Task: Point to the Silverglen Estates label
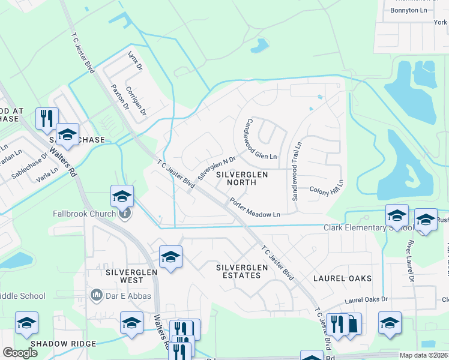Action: (238, 271)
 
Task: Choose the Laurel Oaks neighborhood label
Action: (343, 278)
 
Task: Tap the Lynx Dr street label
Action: (135, 63)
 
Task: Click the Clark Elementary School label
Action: (367, 228)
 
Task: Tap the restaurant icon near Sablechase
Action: (46, 118)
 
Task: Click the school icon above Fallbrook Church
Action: (121, 196)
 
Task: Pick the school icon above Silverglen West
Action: (170, 257)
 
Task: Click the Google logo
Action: (20, 353)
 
